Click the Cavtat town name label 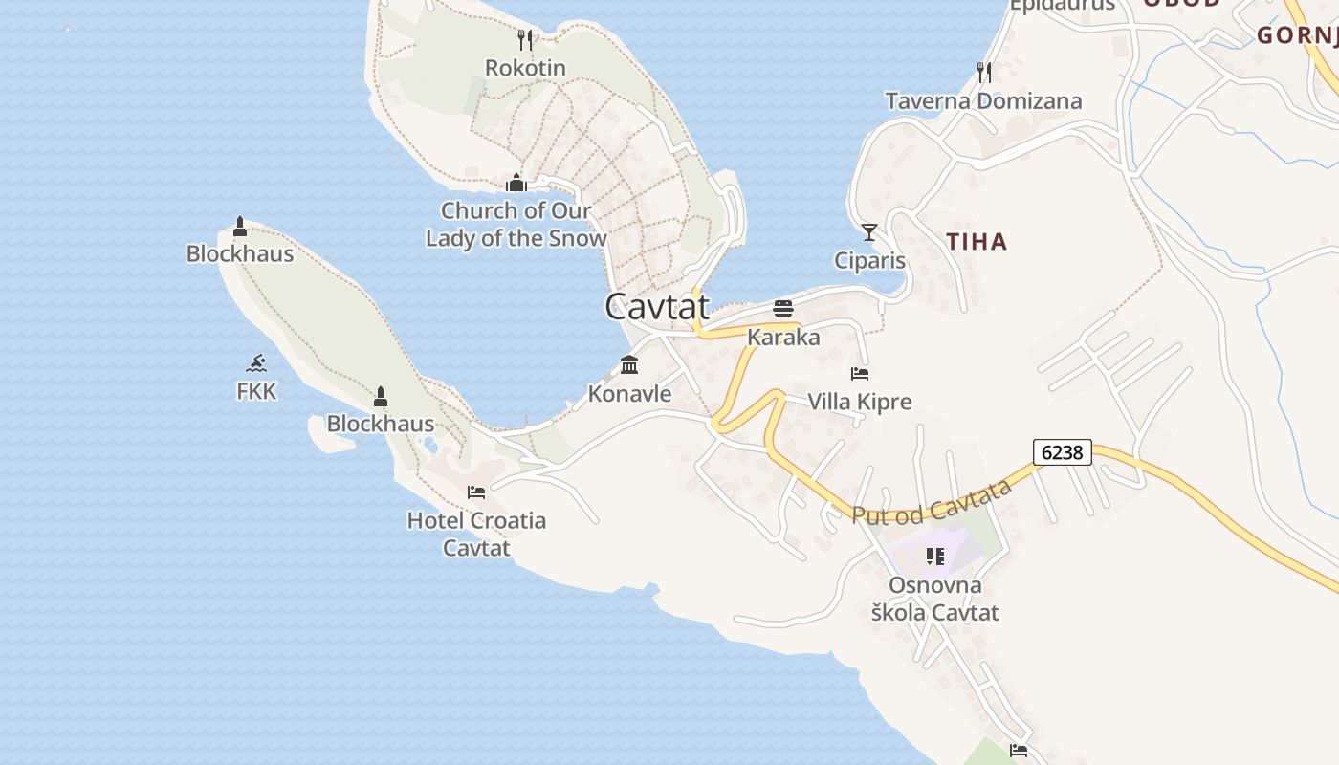click(x=657, y=306)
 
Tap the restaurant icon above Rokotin click(x=524, y=39)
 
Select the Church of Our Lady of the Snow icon click(x=516, y=182)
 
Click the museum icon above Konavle click(x=629, y=364)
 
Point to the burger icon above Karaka click(x=783, y=308)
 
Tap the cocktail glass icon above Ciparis click(x=869, y=231)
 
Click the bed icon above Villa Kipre click(x=860, y=373)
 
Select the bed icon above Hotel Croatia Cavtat click(x=476, y=492)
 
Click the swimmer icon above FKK click(x=255, y=362)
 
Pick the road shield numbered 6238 click(x=1062, y=451)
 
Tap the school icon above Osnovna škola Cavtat click(x=934, y=556)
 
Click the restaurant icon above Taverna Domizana click(x=983, y=72)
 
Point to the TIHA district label click(x=977, y=242)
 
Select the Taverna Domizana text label click(x=983, y=101)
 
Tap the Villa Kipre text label click(x=860, y=402)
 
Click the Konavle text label click(x=629, y=393)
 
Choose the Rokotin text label click(x=525, y=68)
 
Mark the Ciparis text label click(x=869, y=260)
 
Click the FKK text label click(x=256, y=391)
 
